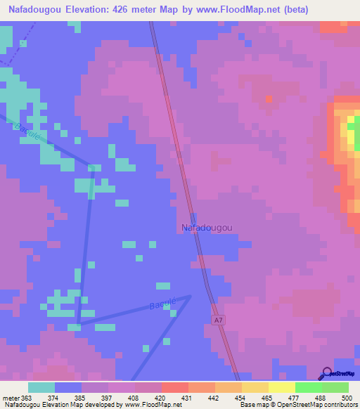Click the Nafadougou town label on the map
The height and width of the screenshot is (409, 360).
point(207,228)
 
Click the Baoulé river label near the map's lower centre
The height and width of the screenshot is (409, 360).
point(162,304)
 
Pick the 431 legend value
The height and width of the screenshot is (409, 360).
point(188,398)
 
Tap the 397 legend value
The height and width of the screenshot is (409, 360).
point(108,398)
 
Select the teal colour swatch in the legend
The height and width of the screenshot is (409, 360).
point(41,387)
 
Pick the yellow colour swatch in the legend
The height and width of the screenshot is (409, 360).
point(281,387)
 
